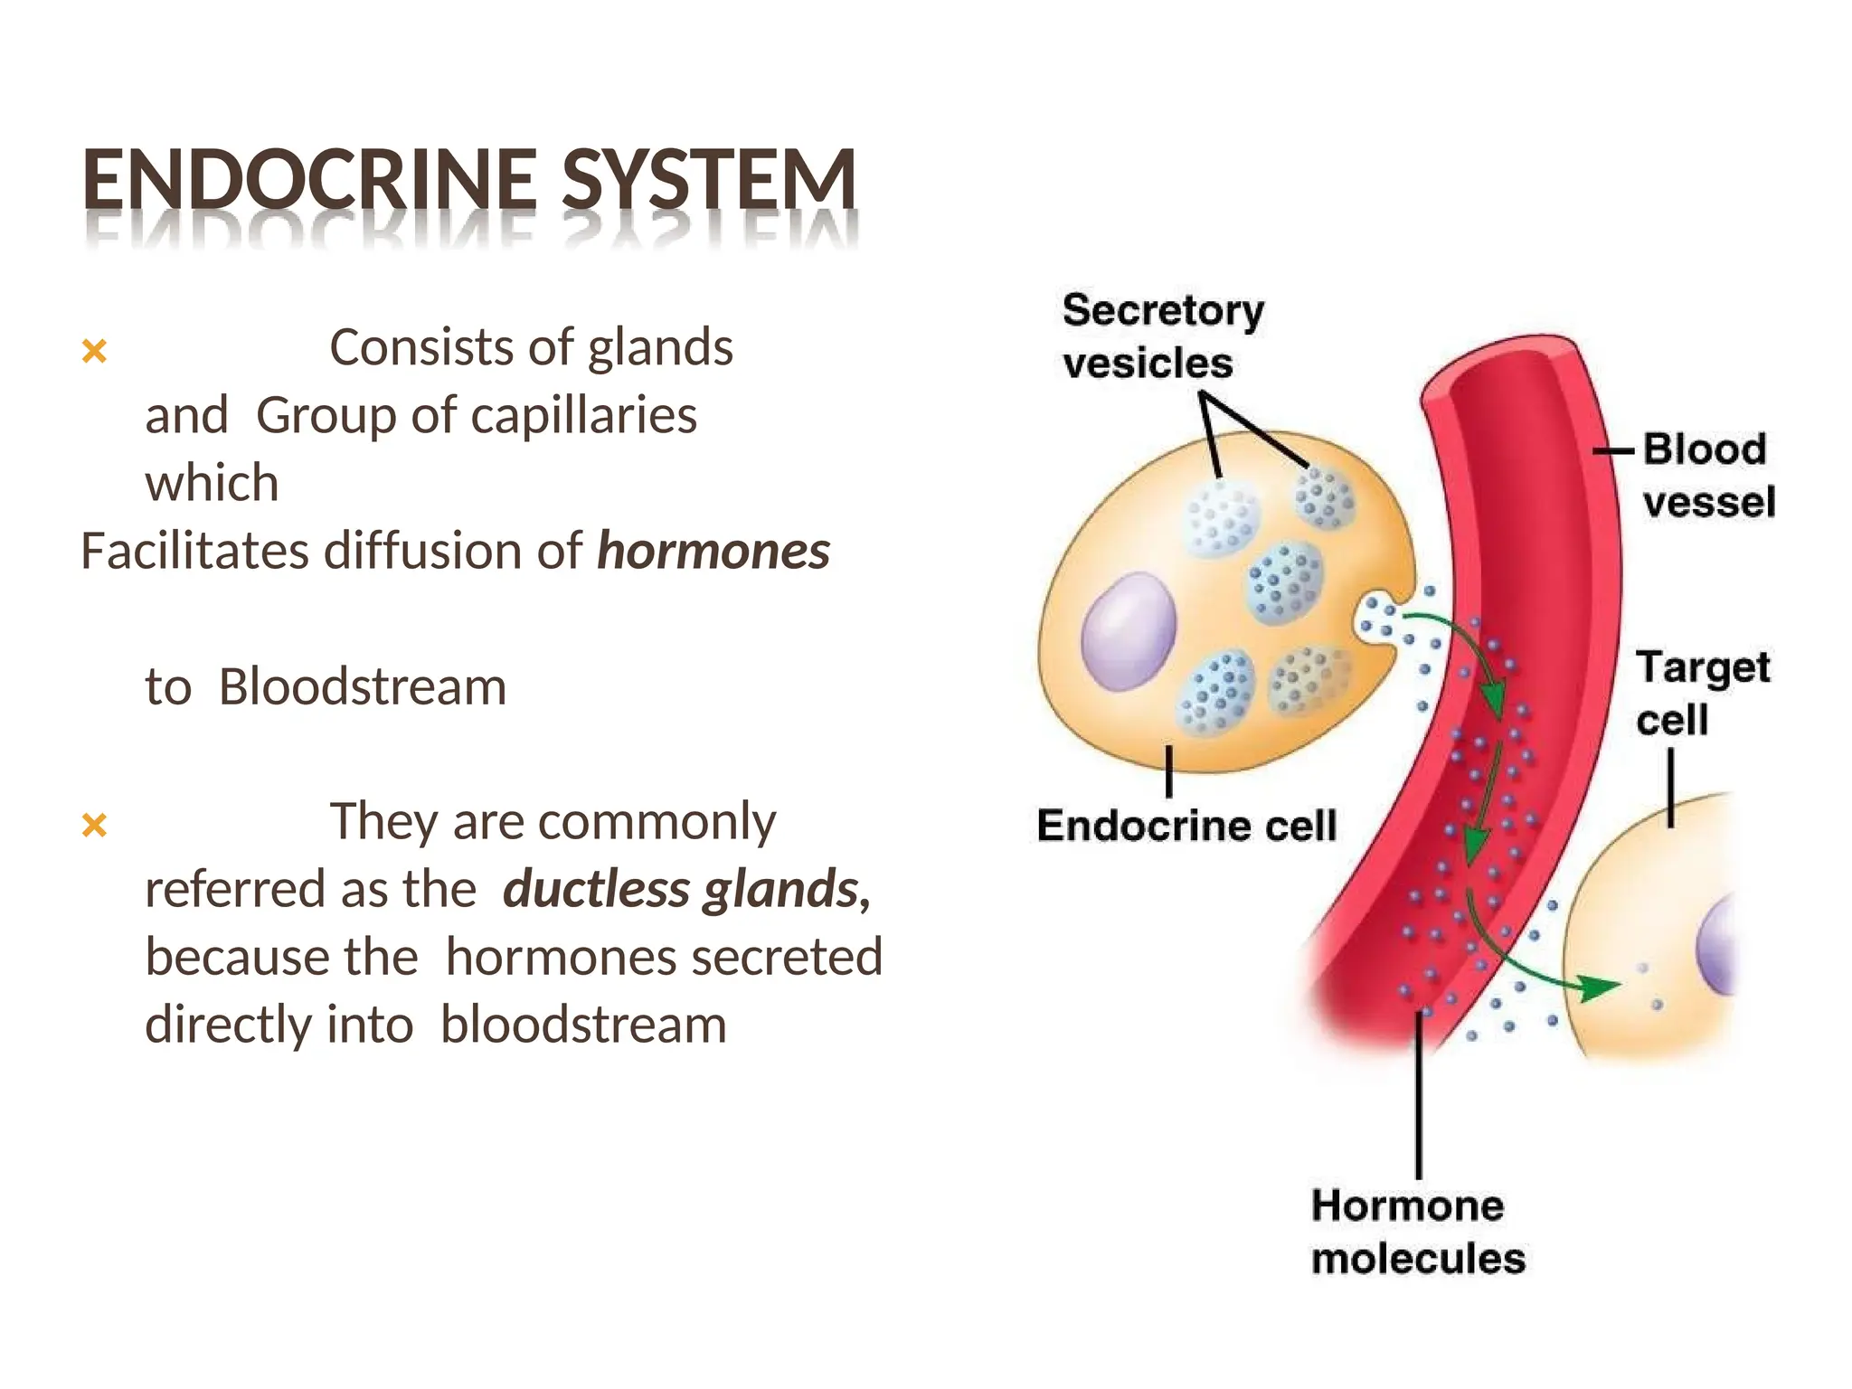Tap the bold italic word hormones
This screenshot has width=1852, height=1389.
pyautogui.click(x=713, y=551)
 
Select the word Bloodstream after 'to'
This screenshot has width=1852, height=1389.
pyautogui.click(x=363, y=686)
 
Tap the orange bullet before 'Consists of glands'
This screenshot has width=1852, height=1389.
pyautogui.click(x=94, y=351)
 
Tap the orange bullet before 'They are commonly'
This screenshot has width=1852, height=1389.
pyautogui.click(x=94, y=825)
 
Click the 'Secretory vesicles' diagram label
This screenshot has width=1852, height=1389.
pyautogui.click(x=1161, y=336)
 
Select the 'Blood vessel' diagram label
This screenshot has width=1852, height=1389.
pyautogui.click(x=1707, y=476)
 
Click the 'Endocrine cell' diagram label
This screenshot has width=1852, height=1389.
pyautogui.click(x=1186, y=826)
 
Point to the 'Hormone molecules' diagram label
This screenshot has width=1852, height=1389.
pyautogui.click(x=1417, y=1232)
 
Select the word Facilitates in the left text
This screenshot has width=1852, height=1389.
pyautogui.click(x=195, y=551)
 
